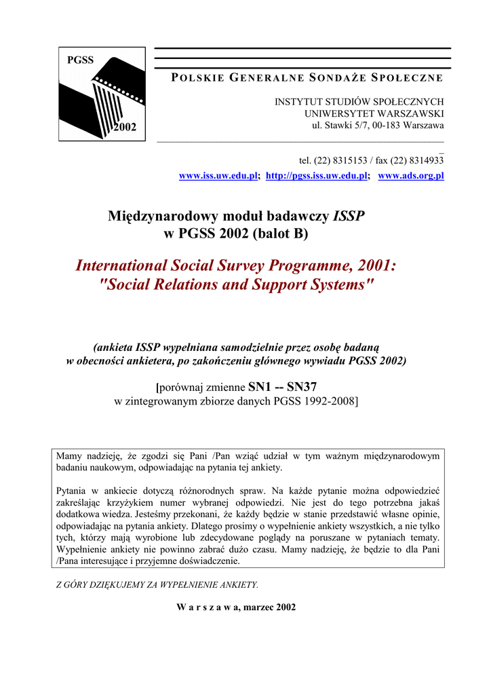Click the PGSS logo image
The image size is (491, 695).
coord(102,94)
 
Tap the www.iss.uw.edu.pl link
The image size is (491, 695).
coord(218,176)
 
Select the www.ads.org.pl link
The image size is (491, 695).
coord(411,176)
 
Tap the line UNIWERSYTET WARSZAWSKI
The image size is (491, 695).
coord(374,113)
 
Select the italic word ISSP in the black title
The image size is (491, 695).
coord(349,217)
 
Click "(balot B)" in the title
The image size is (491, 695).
coord(280,234)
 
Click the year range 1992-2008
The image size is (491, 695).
coord(328,402)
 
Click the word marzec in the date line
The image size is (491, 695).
coord(256,607)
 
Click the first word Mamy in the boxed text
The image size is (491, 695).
coord(68,455)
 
